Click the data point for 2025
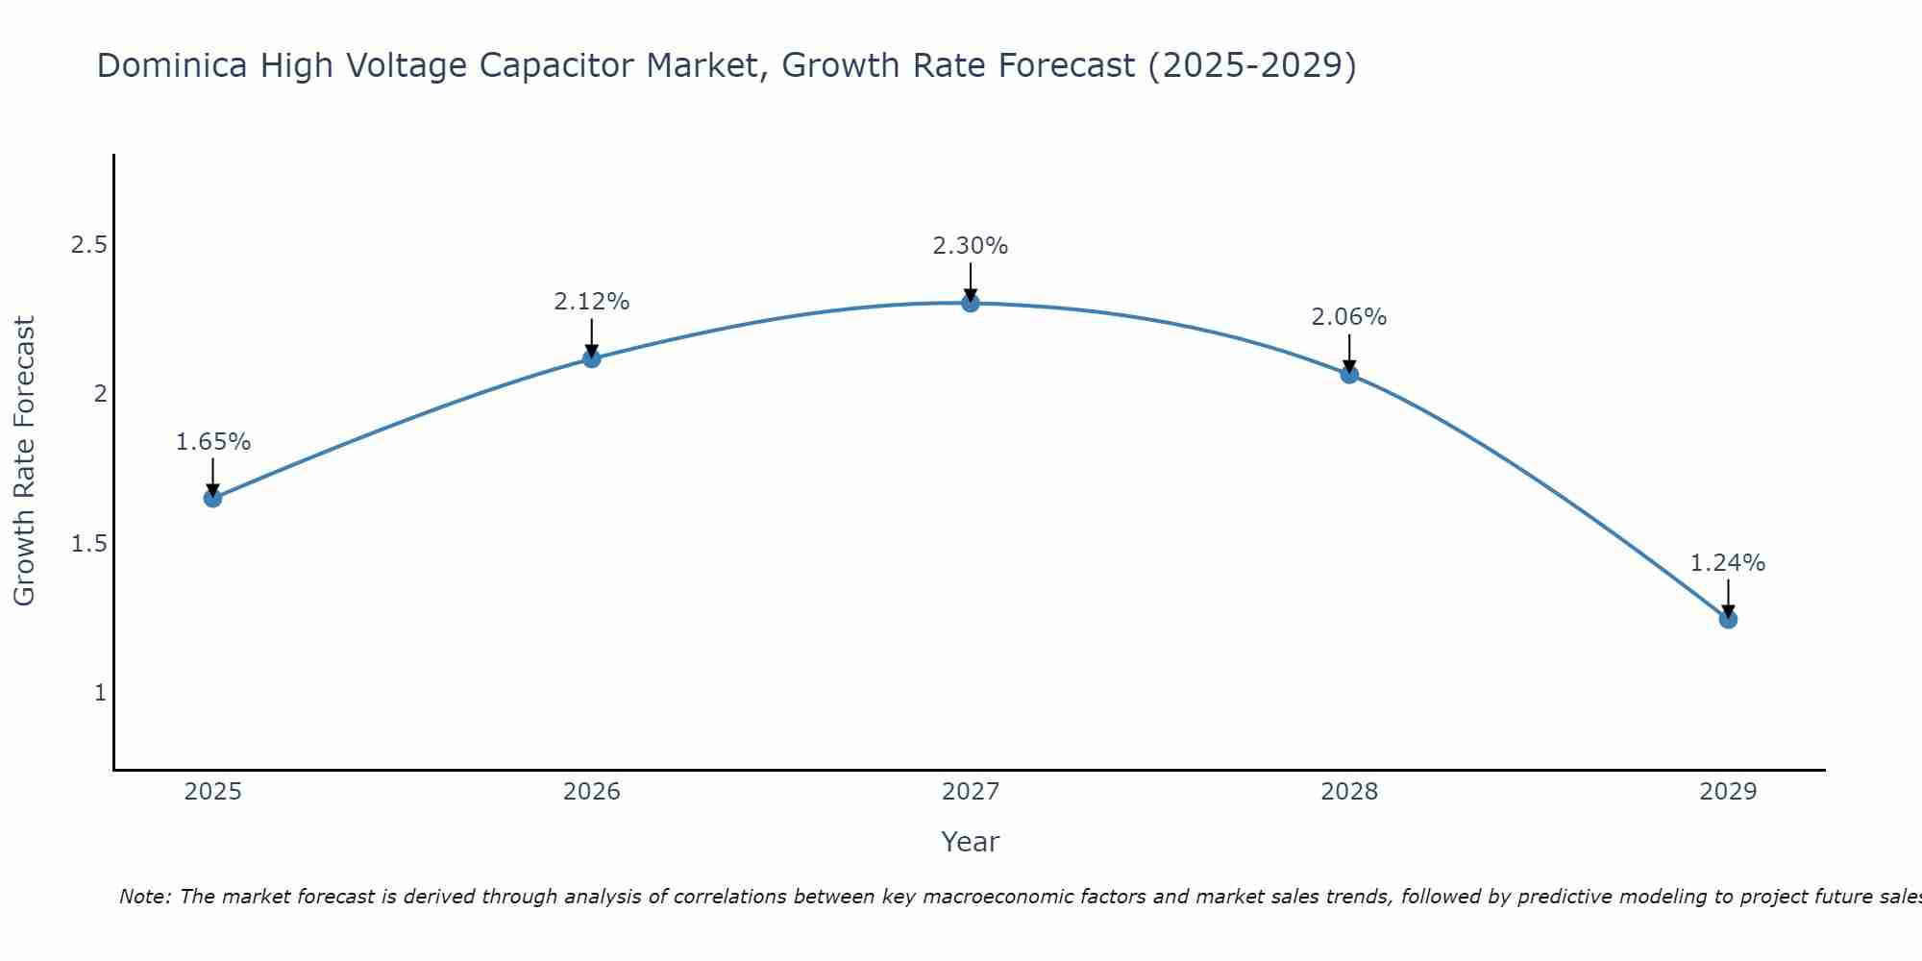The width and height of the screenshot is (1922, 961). pos(212,498)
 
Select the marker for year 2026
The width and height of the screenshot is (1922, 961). pos(592,358)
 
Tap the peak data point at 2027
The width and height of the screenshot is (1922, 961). pos(971,304)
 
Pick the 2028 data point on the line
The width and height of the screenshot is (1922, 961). pos(1349,375)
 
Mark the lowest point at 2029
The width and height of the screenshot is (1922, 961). pos(1728,620)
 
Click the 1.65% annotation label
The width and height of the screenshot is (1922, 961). pos(212,442)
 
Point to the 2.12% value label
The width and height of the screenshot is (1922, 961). pos(592,302)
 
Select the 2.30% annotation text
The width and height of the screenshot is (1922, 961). pos(971,246)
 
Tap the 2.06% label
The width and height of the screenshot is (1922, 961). pos(1349,317)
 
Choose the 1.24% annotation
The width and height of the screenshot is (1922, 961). pos(1728,563)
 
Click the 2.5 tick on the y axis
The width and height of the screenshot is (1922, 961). pos(88,245)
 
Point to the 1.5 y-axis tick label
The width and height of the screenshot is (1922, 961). pos(88,544)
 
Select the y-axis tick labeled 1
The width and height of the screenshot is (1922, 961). pos(100,693)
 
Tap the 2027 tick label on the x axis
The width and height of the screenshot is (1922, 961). pos(971,792)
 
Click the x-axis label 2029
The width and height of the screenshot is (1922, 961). pos(1728,792)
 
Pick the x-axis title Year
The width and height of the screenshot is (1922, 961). pos(971,842)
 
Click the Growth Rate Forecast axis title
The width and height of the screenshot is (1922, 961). pos(25,461)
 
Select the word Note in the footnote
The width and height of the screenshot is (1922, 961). pos(143,897)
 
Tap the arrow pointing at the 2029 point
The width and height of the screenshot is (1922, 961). pos(1728,599)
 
